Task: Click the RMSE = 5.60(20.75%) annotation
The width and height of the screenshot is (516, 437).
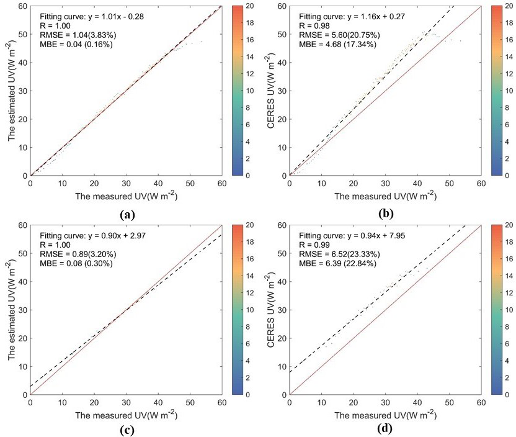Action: click(339, 36)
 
